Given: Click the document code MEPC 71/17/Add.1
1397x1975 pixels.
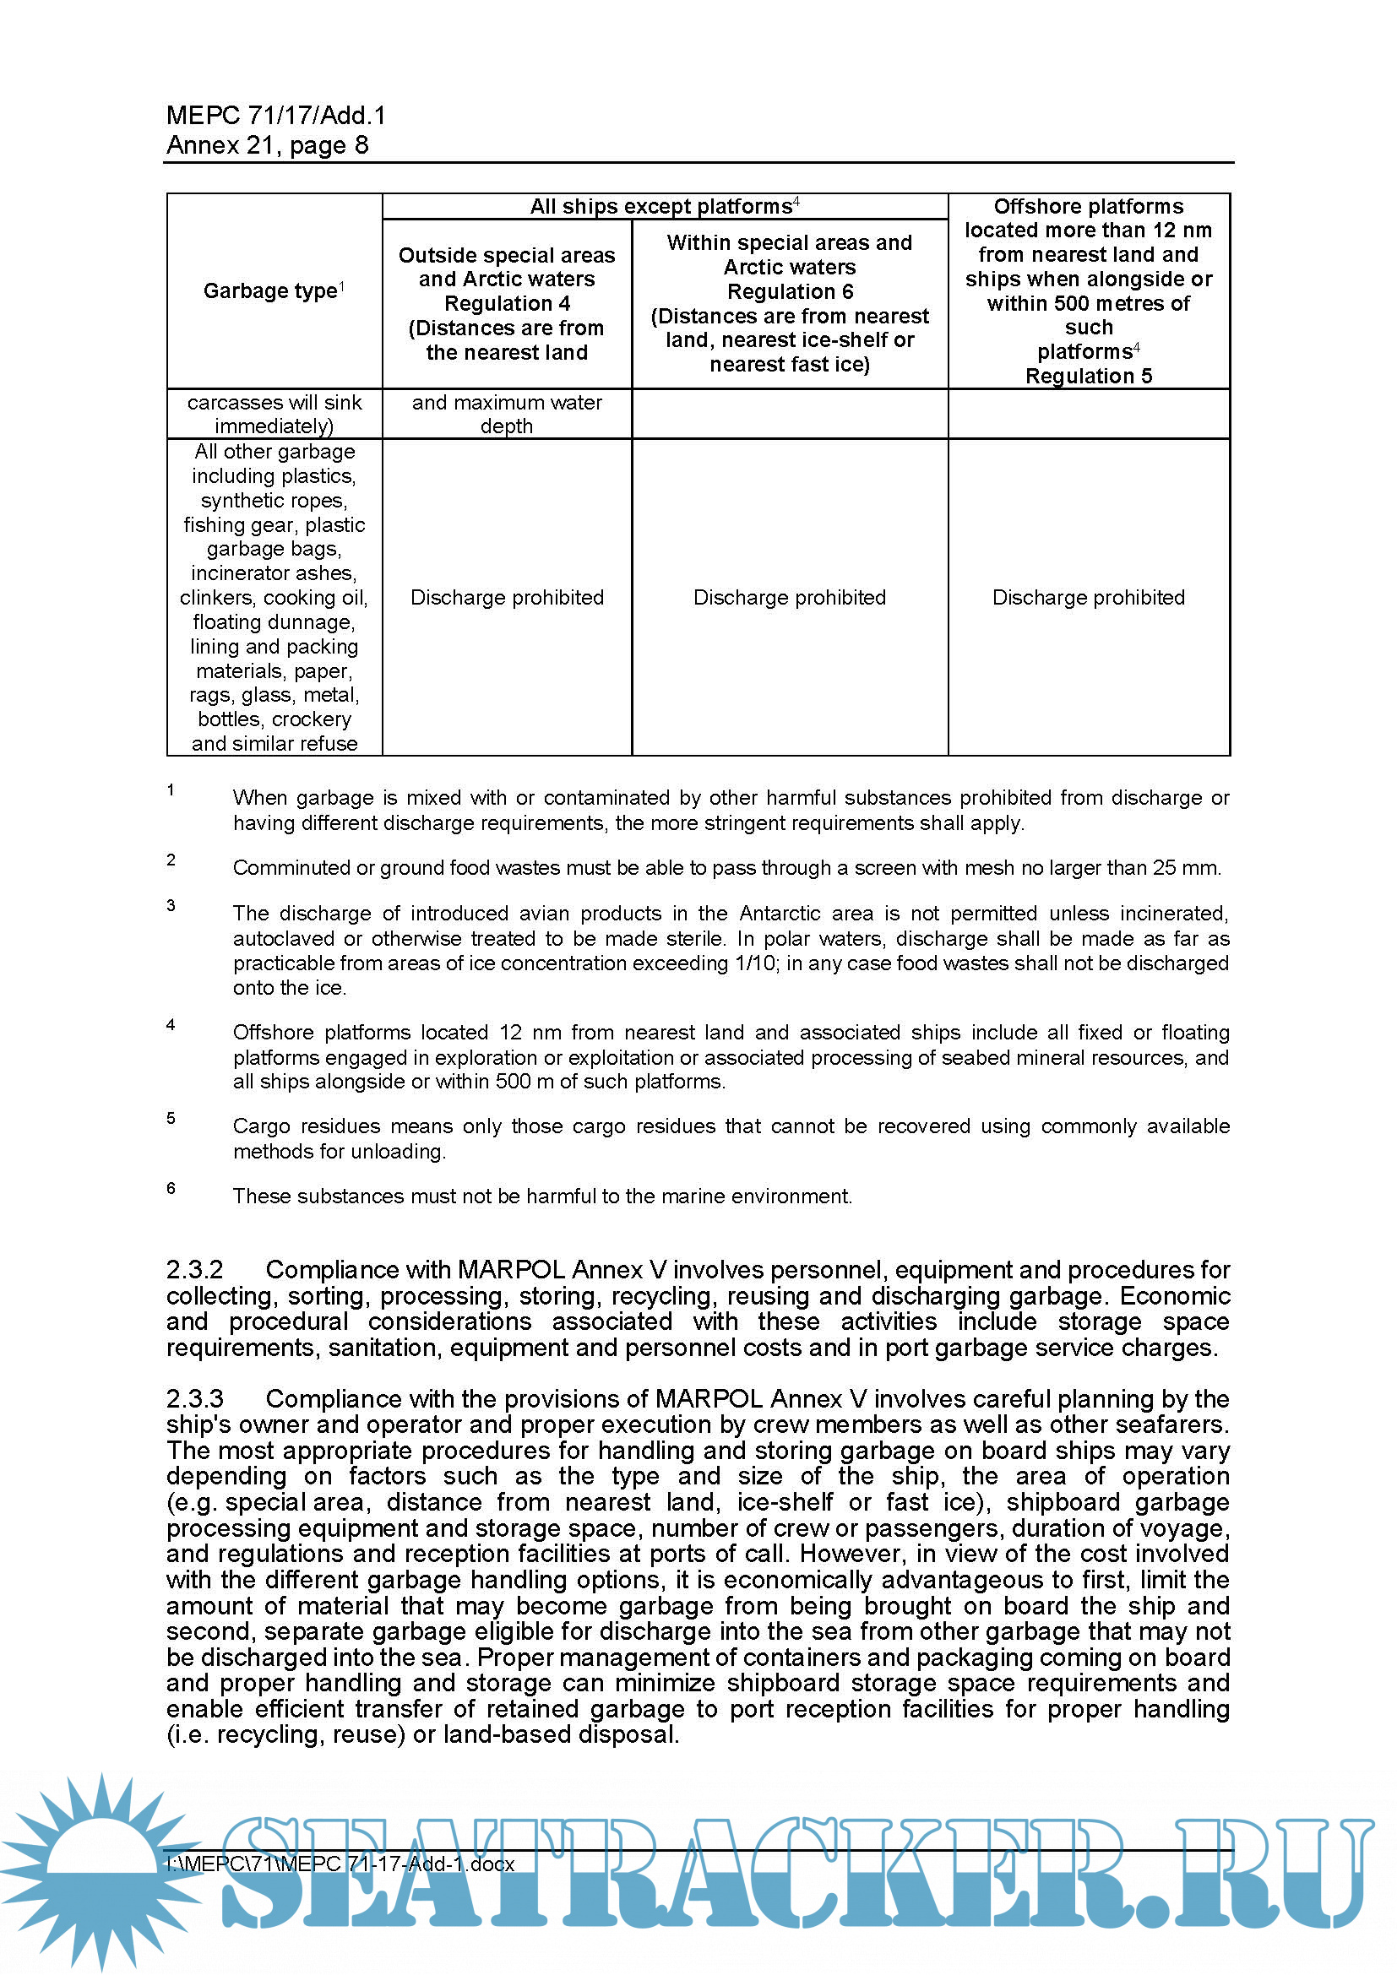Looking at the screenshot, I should [x=276, y=116].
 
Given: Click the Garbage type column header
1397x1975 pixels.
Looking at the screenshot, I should [x=270, y=291].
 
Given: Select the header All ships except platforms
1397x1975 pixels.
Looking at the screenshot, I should [x=660, y=206].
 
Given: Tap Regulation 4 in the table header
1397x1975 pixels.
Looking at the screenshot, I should [x=507, y=304].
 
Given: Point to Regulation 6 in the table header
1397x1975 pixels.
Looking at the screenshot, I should [x=789, y=291].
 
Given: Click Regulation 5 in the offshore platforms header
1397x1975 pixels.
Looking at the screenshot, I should [x=1088, y=376].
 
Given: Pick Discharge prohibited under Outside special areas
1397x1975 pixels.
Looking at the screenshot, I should [x=507, y=598].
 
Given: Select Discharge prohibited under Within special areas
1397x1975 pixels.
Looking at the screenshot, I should [x=789, y=598].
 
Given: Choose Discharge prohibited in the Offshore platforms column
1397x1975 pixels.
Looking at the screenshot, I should [x=1088, y=598].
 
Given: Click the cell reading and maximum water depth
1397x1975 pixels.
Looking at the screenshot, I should [x=507, y=414].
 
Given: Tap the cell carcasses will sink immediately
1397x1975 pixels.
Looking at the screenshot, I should [x=275, y=414].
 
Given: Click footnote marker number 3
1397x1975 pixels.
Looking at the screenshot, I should [x=171, y=905].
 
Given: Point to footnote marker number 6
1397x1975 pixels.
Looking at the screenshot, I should [x=171, y=1188].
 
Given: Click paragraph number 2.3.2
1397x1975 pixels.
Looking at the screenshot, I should [x=195, y=1270].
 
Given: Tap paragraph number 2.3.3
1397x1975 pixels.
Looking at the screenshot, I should [x=195, y=1398].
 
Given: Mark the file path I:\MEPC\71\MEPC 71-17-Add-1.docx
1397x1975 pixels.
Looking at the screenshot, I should [x=340, y=1864].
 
